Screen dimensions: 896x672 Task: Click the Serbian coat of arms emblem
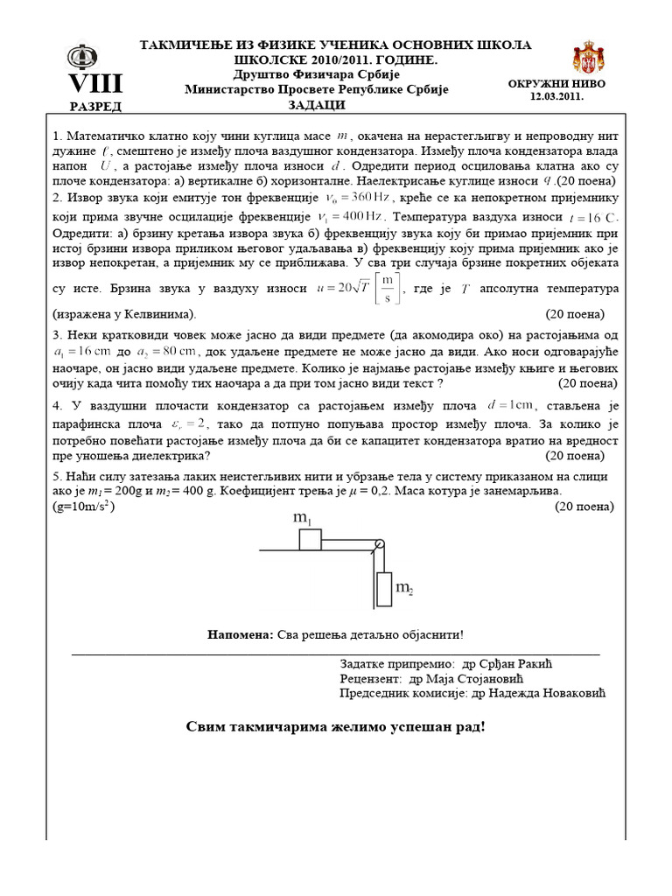pyautogui.click(x=588, y=58)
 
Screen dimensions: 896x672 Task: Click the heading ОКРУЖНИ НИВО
pyautogui.click(x=556, y=84)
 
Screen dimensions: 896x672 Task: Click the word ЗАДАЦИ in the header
pyautogui.click(x=317, y=105)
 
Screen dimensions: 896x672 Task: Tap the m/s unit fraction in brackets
pyautogui.click(x=385, y=287)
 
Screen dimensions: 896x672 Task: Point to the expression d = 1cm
pyautogui.click(x=511, y=405)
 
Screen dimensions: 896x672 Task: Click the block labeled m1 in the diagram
pyautogui.click(x=311, y=538)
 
